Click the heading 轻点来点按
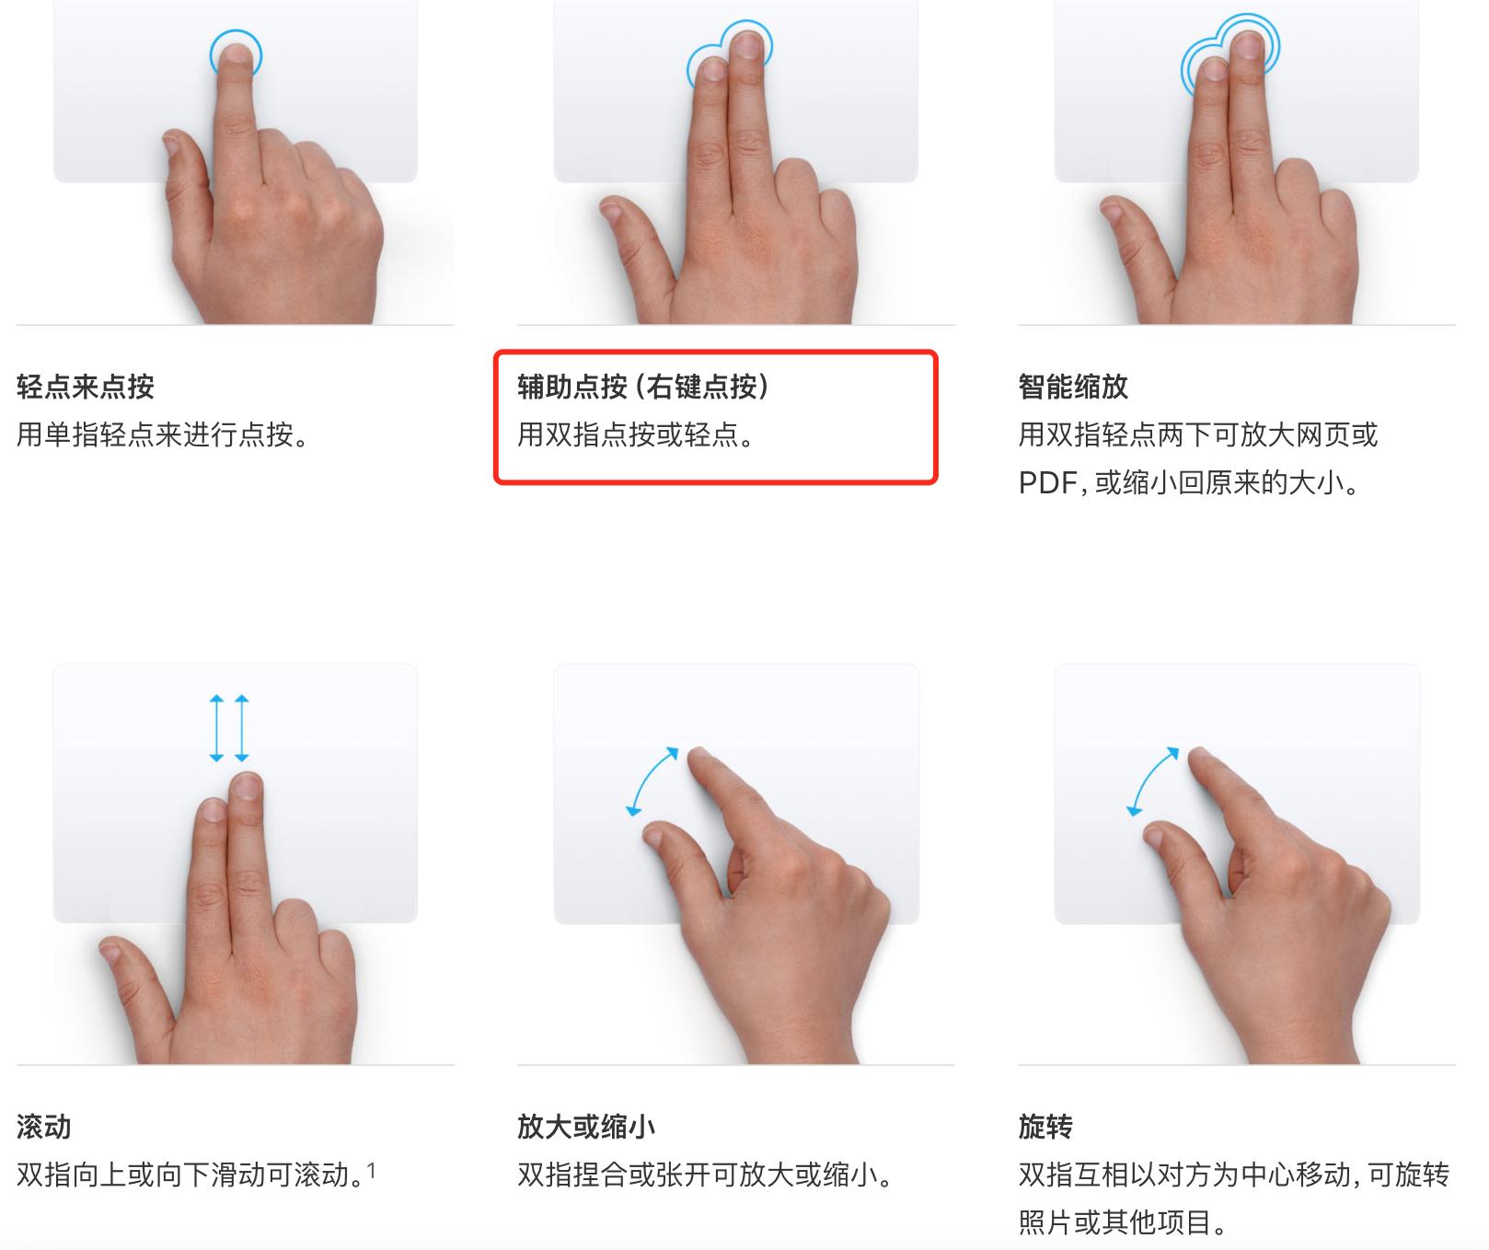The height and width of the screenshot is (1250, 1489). pos(86,387)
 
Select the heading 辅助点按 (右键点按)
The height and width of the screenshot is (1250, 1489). pos(643,387)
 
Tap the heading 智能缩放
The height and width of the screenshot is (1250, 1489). pos(1073,387)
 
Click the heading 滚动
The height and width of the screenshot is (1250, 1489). pos(44,1127)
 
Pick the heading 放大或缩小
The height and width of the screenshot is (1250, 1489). pos(586,1127)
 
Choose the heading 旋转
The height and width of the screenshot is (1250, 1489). pos(1045,1127)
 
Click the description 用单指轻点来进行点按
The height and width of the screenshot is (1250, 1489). pos(162,434)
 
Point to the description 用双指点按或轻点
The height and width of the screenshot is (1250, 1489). pos(636,434)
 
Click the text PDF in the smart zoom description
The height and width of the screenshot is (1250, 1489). pos(1047,482)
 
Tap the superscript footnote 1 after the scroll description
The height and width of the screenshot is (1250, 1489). pos(371,1170)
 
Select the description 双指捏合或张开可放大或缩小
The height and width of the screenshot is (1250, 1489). pos(705,1175)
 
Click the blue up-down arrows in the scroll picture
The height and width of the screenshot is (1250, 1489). pos(229,728)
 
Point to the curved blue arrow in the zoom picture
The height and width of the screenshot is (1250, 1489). pos(652,781)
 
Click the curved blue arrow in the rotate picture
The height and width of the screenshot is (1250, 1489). pos(1151,781)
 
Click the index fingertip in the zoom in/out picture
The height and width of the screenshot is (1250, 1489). pos(701,758)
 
